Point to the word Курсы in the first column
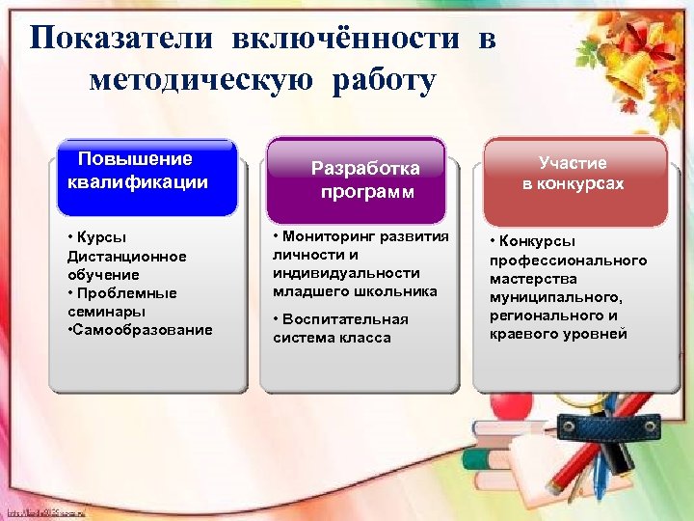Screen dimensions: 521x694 [x=102, y=237]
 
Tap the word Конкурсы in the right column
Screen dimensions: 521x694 [x=539, y=241]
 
